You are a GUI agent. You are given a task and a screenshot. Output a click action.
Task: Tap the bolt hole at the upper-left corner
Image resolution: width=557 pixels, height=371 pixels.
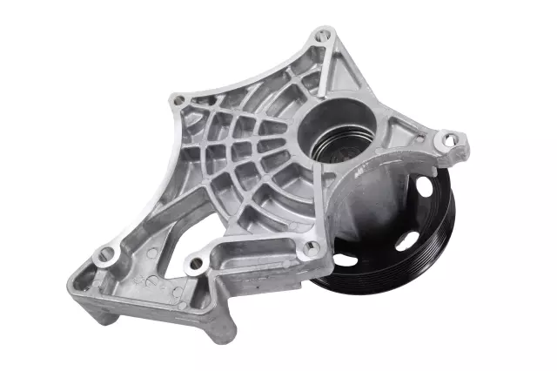point(179,101)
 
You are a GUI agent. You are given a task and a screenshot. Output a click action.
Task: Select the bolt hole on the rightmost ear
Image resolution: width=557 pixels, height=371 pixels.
point(448,138)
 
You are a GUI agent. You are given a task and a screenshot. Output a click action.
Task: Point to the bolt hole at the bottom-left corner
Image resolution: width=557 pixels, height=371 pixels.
point(106,256)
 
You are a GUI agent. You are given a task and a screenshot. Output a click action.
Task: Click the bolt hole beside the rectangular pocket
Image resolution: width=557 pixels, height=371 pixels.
point(197,261)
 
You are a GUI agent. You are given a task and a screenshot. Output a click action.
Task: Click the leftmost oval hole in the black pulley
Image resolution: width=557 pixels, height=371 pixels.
point(345,259)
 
